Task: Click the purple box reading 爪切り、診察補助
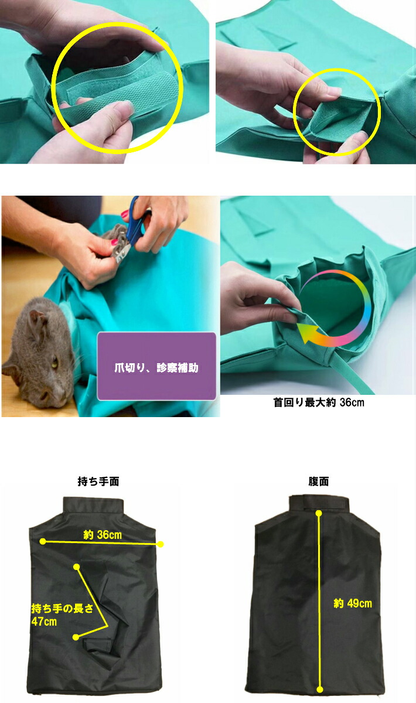156,366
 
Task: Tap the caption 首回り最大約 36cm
319,402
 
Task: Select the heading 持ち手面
98,482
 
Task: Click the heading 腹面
318,482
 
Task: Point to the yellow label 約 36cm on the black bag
103,534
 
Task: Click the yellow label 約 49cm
353,603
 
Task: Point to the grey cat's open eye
55,361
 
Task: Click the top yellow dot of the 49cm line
319,514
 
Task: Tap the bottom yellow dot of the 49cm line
319,690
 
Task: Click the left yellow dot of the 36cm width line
43,541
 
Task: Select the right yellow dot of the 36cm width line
161,544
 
